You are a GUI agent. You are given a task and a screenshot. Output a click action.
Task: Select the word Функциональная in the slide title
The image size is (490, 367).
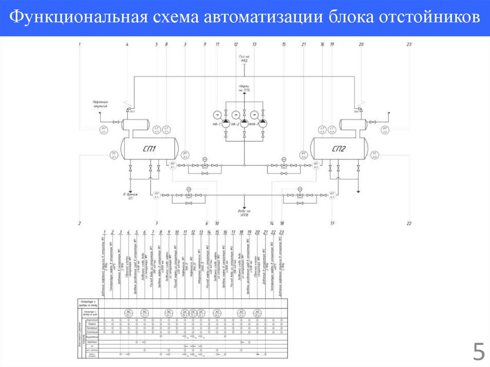tap(78, 18)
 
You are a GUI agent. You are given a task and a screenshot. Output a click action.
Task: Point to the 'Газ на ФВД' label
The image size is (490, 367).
tap(244, 58)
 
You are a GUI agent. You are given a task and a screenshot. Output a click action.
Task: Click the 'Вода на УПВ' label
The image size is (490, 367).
tap(244, 212)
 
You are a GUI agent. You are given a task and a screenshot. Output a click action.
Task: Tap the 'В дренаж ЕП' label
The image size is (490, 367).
tap(130, 196)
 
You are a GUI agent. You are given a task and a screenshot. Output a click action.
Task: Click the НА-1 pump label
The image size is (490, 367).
tap(216, 125)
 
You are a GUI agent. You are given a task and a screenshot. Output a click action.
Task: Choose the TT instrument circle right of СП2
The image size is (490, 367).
tap(375, 156)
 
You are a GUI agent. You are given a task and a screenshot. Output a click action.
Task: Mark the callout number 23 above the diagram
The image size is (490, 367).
tap(409, 44)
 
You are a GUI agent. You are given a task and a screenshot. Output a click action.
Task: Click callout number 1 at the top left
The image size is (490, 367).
tap(80, 44)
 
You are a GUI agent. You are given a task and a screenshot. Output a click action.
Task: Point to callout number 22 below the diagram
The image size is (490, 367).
tap(409, 223)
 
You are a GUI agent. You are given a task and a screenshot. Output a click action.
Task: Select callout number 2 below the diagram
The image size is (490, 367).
tap(80, 223)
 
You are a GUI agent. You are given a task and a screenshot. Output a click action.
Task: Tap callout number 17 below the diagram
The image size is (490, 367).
tap(332, 223)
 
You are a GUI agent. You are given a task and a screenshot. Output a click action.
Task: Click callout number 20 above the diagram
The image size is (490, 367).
tap(361, 44)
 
